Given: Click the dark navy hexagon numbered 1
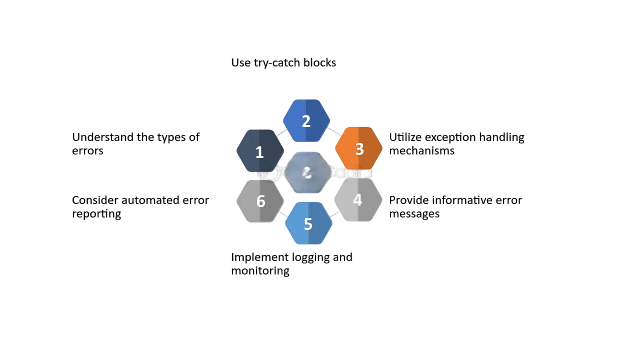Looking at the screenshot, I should coord(260,151).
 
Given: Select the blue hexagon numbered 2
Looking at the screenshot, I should coord(306,120).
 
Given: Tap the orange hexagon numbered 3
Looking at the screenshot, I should coord(358,148).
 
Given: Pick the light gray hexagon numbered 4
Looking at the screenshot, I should coord(358,200).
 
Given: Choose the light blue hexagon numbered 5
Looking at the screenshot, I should coord(308,223).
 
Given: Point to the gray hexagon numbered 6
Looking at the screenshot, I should coord(260,201).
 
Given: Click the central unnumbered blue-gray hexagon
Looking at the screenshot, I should coord(308,172).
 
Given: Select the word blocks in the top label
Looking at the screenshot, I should coord(319,62).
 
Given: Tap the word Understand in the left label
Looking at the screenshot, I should coord(102,137).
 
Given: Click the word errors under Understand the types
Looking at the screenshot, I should coord(87,150).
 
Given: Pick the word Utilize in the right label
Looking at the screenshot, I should coord(405,137).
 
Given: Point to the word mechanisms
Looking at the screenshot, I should coord(421,150).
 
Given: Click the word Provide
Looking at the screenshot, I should coord(408,200).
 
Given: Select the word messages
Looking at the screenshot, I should coord(414,213).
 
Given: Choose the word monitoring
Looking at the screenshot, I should coord(260,270).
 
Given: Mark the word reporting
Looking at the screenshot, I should coord(96,213).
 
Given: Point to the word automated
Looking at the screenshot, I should coord(145,200).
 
